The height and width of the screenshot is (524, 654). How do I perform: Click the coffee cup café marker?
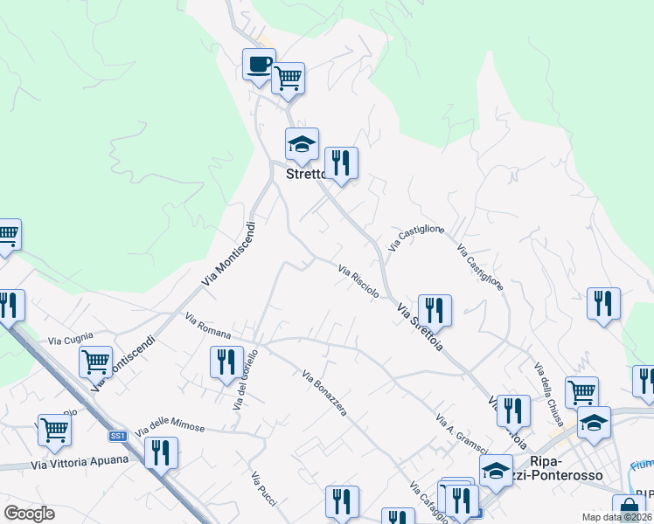[x=259, y=64]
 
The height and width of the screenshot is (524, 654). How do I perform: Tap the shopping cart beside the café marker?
[x=288, y=79]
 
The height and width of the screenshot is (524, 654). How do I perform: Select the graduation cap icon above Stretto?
[x=302, y=144]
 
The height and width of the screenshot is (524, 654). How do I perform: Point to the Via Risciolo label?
[x=358, y=281]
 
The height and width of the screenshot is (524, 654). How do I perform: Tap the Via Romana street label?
[x=208, y=327]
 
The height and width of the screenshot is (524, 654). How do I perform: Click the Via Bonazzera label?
[x=324, y=394]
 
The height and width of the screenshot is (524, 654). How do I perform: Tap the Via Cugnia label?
[x=70, y=338]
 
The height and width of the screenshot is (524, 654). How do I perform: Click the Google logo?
[x=30, y=513]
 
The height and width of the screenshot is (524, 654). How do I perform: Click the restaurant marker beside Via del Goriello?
[x=226, y=360]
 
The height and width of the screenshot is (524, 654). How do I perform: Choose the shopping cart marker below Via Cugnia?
[x=95, y=360]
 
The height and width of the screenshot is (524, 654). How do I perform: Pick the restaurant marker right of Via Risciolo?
[x=434, y=309]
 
